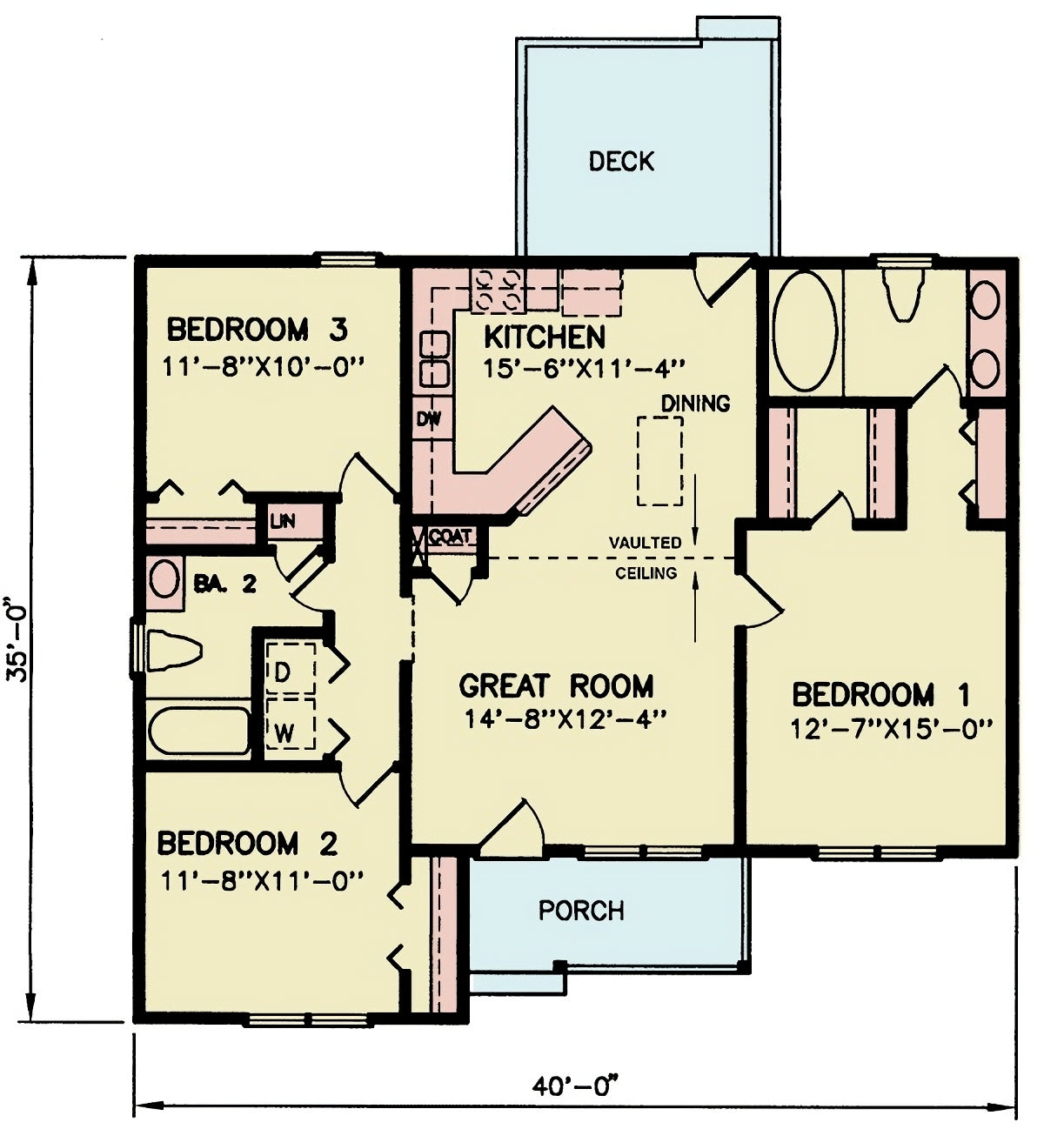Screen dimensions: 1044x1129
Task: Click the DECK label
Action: coord(621,162)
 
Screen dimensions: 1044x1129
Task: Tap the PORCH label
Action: coord(580,911)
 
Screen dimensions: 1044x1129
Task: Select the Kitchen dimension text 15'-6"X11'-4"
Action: coord(582,369)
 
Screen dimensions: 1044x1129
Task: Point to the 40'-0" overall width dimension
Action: coord(575,1087)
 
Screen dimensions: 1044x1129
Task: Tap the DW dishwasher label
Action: coord(429,419)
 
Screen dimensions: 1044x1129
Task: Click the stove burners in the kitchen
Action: coord(498,290)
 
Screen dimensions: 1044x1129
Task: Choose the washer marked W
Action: coord(290,724)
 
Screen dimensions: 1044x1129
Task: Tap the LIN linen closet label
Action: coord(283,521)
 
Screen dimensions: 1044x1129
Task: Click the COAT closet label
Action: coord(450,536)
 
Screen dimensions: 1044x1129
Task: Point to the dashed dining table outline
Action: coord(659,460)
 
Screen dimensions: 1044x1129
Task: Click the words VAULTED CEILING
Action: coord(646,558)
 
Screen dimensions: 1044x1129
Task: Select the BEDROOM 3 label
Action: coord(257,331)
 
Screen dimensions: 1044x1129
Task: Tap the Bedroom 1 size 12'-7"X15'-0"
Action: coord(891,729)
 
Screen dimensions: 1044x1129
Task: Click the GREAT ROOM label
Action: coord(556,686)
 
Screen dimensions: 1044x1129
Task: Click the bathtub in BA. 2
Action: coord(199,732)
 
